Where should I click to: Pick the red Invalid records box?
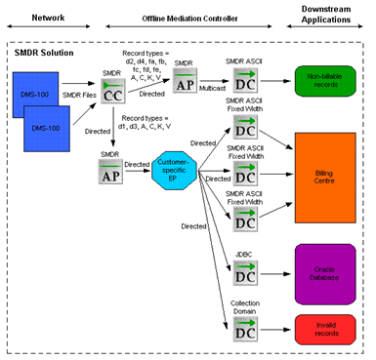(324, 328)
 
